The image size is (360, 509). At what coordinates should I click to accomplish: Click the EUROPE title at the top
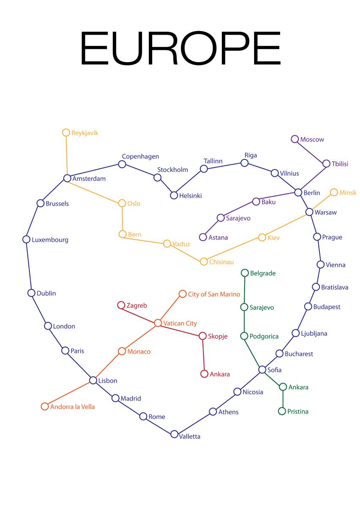pos(181,48)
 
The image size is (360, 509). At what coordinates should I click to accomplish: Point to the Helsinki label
pos(191,196)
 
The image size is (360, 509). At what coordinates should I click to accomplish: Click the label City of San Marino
pos(214,294)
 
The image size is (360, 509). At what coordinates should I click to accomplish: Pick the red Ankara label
pos(220,374)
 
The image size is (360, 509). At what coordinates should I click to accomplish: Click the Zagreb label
pos(136,306)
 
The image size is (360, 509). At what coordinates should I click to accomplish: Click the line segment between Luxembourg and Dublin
pos(29,266)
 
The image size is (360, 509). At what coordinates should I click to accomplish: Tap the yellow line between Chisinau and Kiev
pos(233,250)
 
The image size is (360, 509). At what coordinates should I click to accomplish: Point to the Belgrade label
pos(263,273)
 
